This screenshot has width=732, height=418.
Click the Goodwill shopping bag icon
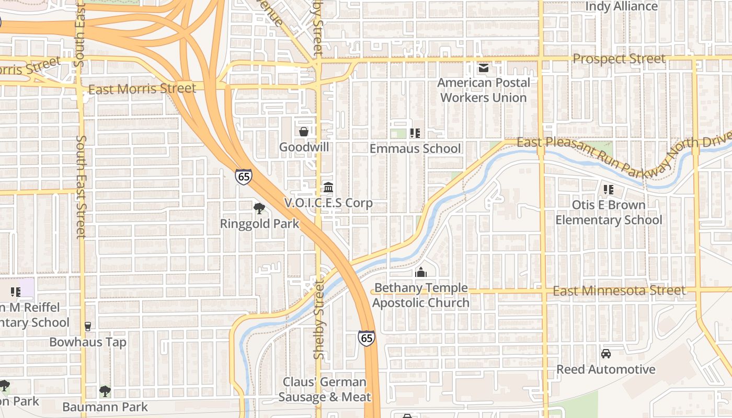pos(304,132)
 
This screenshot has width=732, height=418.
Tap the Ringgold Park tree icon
pos(259,208)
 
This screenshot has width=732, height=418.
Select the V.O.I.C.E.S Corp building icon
pos(328,187)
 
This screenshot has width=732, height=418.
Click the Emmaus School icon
pos(415,133)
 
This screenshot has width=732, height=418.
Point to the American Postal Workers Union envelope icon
pos(484,68)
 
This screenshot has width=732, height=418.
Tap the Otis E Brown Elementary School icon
pos(608,189)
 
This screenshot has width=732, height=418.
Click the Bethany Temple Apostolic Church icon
pos(421,272)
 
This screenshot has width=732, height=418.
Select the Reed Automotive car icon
pos(606,354)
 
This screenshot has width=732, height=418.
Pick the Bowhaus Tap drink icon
pos(88,327)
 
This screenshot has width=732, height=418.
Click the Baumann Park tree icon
pos(105,391)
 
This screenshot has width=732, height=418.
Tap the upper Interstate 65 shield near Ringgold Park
pos(243,176)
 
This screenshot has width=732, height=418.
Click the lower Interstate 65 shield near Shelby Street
pos(367,338)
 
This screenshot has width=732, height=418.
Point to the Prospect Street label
pos(619,59)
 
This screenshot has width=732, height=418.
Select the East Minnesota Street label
pos(619,291)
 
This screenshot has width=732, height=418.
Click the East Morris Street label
pos(142,89)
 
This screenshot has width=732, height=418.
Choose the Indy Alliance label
pos(621,6)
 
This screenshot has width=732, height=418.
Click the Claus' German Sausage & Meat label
pos(325,389)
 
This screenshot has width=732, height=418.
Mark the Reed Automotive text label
pos(605,369)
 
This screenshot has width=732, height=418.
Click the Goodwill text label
pos(304,147)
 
